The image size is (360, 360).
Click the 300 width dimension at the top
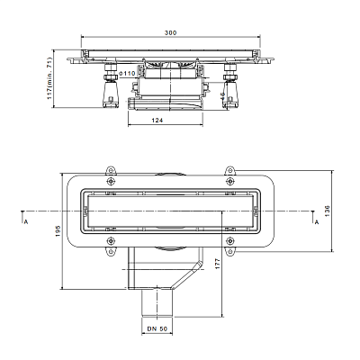coord(170,32)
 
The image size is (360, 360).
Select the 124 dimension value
coord(157,121)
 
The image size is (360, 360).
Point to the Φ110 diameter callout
coord(127,74)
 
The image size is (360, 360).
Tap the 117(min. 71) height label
coord(49,78)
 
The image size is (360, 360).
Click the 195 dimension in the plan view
coord(58,230)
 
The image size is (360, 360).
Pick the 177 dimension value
coord(218,264)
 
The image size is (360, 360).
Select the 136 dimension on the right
coord(327,211)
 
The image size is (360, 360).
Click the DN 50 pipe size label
coord(157,329)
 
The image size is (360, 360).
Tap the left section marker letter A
coord(26,222)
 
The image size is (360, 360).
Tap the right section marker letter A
coord(317,222)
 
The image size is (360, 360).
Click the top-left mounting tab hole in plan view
coord(111,171)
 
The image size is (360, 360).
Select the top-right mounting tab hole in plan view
coord(229,171)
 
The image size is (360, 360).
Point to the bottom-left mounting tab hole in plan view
coord(111,251)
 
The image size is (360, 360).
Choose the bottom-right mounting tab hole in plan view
coord(229,251)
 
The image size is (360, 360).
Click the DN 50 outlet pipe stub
coord(157,303)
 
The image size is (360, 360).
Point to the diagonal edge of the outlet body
coord(185,275)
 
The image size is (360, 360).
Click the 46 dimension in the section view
coord(222,95)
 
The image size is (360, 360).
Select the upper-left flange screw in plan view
coord(111,181)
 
